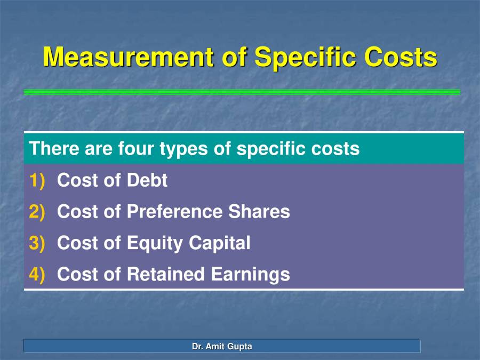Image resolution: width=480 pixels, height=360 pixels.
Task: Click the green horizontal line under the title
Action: tap(242, 92)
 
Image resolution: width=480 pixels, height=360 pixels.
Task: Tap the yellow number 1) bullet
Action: tap(38, 181)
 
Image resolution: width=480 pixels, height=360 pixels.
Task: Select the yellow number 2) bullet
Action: tap(38, 212)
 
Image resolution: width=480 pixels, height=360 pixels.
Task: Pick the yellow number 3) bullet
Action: tap(38, 243)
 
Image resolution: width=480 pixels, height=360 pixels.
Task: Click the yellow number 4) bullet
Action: tap(38, 274)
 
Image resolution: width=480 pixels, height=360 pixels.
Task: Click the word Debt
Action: tap(147, 181)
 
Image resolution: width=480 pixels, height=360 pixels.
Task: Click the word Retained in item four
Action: tap(165, 274)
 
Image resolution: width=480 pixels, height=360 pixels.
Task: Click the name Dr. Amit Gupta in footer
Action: tap(222, 347)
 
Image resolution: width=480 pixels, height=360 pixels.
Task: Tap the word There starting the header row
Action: tap(54, 148)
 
